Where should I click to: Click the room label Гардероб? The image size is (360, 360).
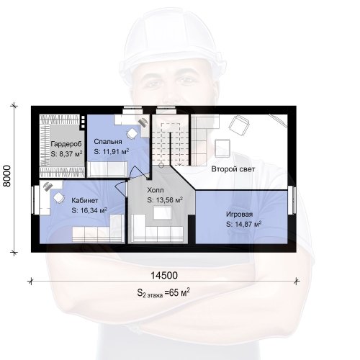(x=66, y=144)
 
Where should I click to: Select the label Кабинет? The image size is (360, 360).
(x=85, y=200)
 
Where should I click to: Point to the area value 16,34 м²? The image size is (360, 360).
(x=92, y=210)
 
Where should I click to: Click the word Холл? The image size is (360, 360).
(x=156, y=190)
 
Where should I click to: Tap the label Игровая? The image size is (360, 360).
(x=240, y=215)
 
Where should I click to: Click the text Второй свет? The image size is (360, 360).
(x=233, y=169)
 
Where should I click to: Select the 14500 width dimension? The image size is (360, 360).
(x=164, y=276)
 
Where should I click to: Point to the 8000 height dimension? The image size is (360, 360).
(x=7, y=176)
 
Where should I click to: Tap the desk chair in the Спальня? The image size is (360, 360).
(x=132, y=134)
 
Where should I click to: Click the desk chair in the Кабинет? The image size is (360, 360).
(x=59, y=198)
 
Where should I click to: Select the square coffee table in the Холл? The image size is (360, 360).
(x=162, y=213)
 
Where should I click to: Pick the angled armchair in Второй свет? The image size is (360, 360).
(x=239, y=124)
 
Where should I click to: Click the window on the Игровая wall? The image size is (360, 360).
(x=293, y=200)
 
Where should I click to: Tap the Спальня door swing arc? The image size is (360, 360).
(x=136, y=171)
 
